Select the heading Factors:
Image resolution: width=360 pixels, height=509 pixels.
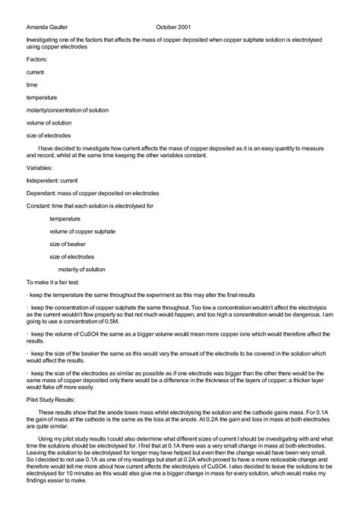(x=36, y=58)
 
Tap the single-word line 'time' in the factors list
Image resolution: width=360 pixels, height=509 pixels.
(x=32, y=84)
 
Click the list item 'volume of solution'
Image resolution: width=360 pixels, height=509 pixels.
(x=49, y=123)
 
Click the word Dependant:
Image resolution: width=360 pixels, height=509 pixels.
(x=42, y=193)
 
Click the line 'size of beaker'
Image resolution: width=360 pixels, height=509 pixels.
(x=68, y=245)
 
